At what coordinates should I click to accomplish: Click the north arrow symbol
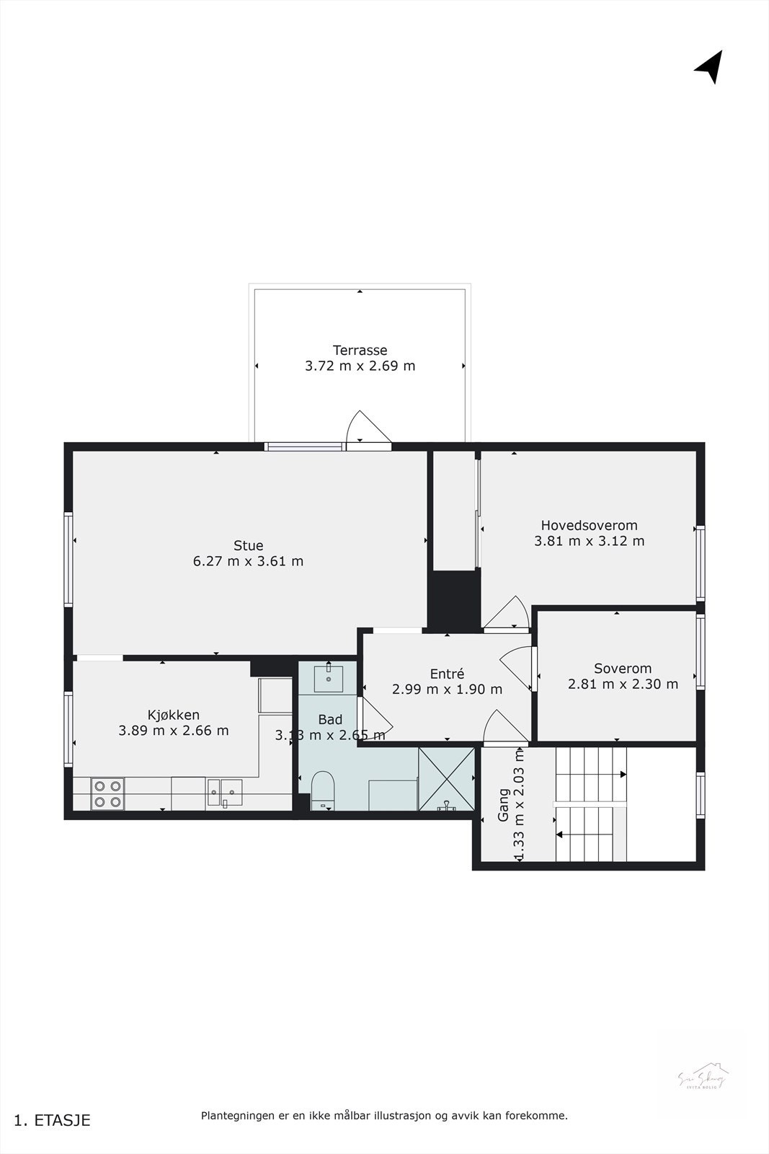(710, 66)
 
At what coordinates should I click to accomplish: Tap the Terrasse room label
(360, 351)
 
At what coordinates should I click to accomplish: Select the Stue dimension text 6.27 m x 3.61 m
(248, 561)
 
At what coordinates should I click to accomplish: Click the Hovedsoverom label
(589, 525)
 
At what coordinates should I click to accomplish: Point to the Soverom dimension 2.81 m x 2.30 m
(623, 684)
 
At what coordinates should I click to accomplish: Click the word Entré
(447, 674)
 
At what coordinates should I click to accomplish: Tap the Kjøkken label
(173, 715)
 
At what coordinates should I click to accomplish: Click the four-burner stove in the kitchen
(107, 793)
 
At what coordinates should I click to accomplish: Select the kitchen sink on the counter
(225, 793)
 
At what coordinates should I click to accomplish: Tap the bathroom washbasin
(329, 677)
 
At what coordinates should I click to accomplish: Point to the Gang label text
(504, 805)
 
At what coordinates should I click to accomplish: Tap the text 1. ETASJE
(52, 1120)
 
